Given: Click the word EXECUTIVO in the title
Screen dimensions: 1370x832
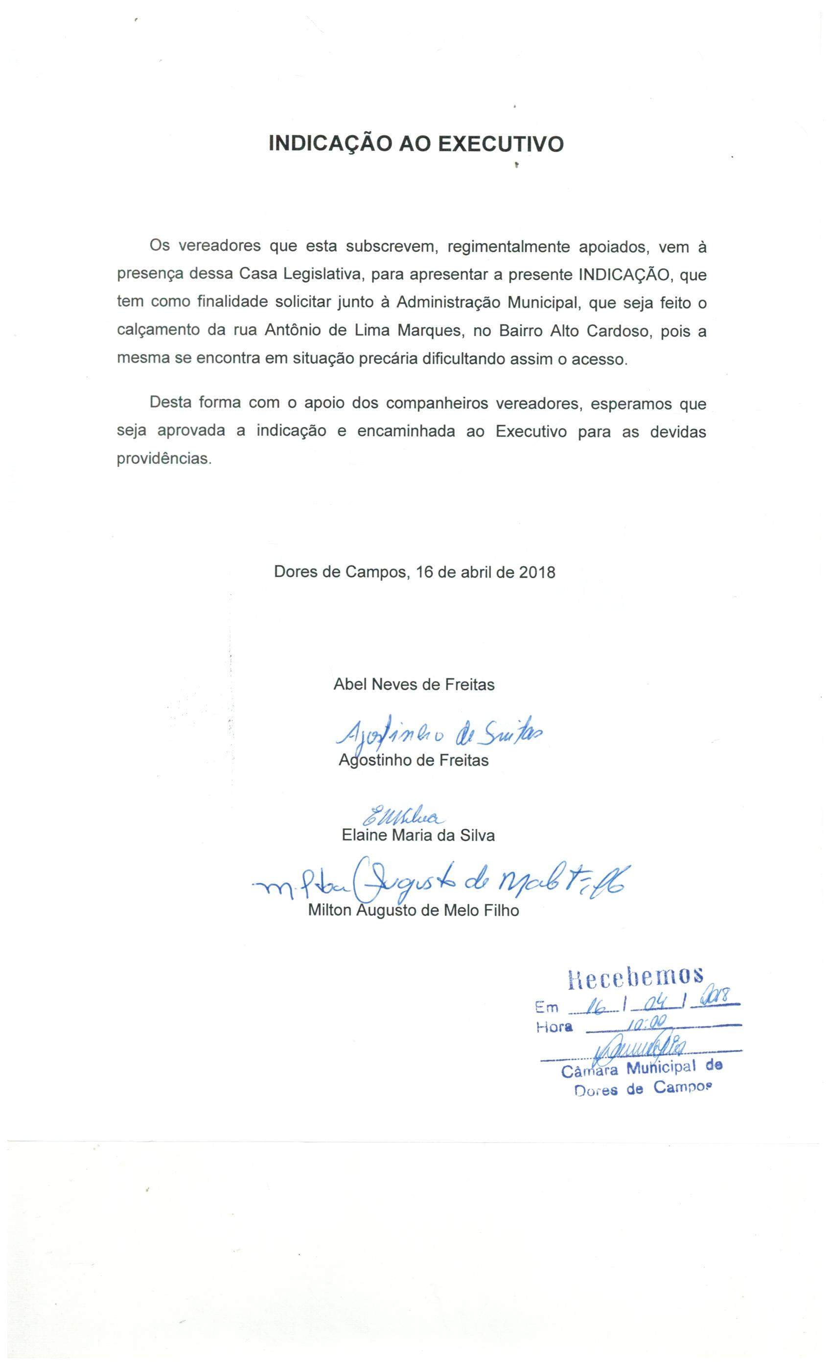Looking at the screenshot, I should pyautogui.click(x=501, y=144).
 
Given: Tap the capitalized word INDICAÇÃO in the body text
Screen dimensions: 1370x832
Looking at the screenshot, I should pyautogui.click(x=627, y=274).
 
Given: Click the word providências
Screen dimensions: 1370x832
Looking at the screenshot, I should pyautogui.click(x=164, y=460).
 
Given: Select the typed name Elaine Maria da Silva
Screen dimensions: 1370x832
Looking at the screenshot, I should pyautogui.click(x=417, y=835).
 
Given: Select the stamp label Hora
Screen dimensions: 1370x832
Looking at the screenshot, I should pyautogui.click(x=554, y=1027).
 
